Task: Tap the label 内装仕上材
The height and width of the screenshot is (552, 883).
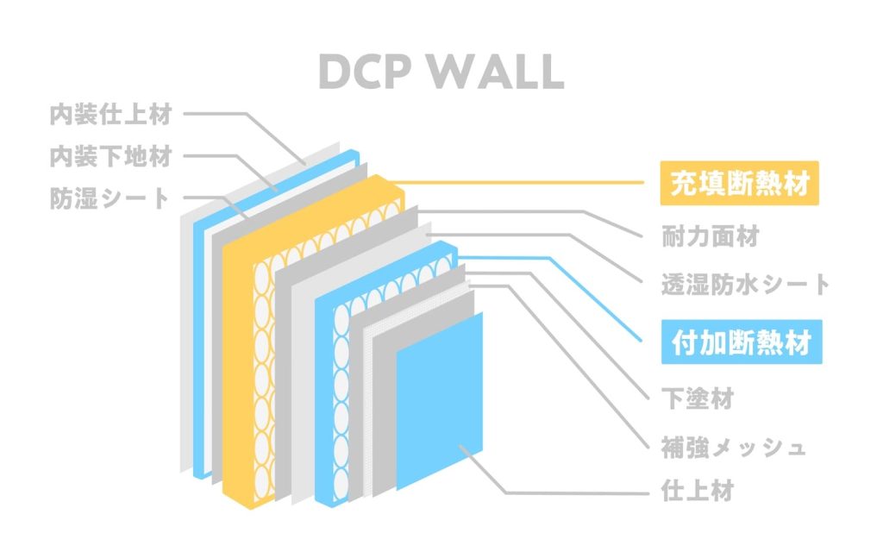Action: (x=110, y=113)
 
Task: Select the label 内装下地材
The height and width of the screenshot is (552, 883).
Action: (x=110, y=156)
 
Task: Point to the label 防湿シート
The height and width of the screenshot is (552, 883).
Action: (x=110, y=199)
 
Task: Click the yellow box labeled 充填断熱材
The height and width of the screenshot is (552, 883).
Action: (x=739, y=184)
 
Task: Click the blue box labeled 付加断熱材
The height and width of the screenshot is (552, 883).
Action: (x=741, y=344)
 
